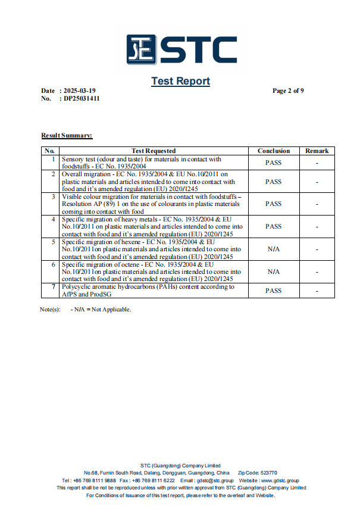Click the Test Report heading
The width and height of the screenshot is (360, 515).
(x=180, y=81)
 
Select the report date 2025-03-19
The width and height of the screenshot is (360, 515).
(x=79, y=91)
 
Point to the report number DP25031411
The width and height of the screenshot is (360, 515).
(x=82, y=99)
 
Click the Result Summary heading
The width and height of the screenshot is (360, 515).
(x=67, y=136)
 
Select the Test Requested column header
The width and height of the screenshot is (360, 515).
(x=154, y=151)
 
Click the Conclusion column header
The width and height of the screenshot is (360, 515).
(x=274, y=151)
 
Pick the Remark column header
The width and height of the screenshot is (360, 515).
(x=317, y=151)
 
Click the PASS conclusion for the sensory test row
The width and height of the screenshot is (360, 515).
(x=274, y=163)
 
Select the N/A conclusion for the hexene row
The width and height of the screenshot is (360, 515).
(x=274, y=249)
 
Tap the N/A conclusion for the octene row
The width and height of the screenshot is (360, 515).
(x=274, y=271)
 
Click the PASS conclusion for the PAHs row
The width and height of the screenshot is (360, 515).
(x=274, y=291)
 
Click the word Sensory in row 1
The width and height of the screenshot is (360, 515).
(x=74, y=159)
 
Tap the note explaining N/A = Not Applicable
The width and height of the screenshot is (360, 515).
(x=101, y=309)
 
